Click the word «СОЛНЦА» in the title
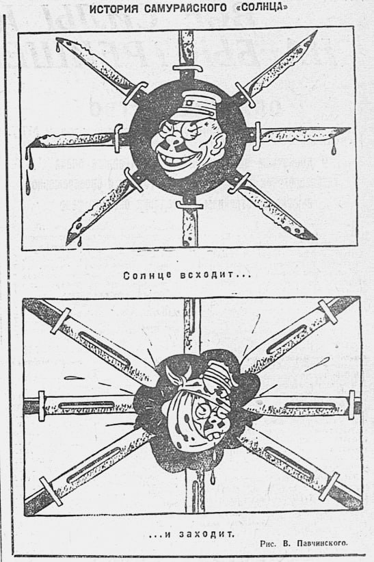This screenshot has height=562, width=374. pos(262,8)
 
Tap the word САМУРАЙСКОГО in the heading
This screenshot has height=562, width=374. pos(186,8)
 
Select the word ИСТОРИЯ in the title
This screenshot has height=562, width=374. pos(113,8)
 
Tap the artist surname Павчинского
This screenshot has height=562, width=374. pos(322,543)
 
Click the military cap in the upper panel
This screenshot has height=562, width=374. pos(193,103)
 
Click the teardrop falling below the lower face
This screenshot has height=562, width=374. pos(213,476)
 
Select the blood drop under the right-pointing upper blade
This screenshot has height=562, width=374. pos(334,150)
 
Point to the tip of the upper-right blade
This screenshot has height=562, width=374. pos(317,31)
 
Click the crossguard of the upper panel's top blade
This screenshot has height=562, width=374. pos(187,68)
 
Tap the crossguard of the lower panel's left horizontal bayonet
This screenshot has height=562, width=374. pos(42,406)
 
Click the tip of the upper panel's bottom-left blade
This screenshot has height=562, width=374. pos(67,244)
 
